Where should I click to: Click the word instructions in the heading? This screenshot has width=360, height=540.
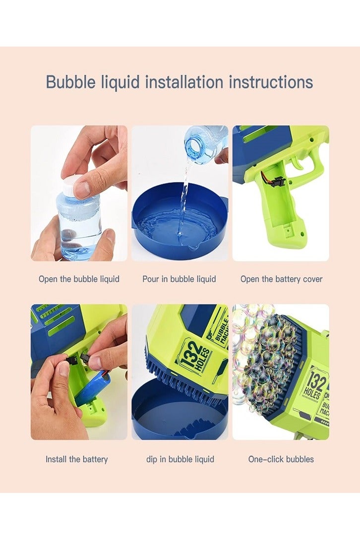click(270, 82)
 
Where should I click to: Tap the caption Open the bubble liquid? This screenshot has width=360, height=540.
click(79, 279)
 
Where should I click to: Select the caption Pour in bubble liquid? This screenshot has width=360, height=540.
click(179, 279)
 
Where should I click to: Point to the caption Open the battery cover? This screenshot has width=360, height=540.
click(281, 279)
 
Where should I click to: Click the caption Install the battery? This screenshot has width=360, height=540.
click(76, 459)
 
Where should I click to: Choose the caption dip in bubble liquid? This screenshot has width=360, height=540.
click(180, 459)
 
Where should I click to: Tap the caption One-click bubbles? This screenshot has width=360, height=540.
click(281, 459)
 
